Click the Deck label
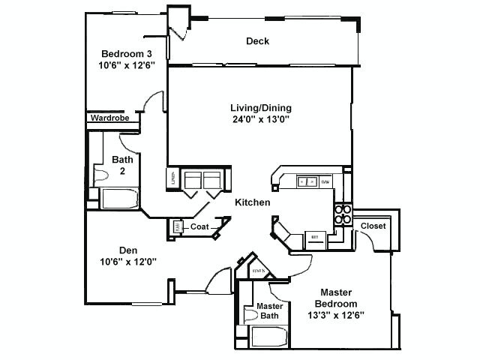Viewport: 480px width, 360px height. (x=257, y=41)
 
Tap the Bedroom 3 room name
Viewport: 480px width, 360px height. (x=127, y=53)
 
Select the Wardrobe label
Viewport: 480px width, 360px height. (x=109, y=118)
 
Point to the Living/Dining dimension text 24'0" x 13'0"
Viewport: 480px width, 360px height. (x=260, y=118)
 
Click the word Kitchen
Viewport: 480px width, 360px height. (x=253, y=202)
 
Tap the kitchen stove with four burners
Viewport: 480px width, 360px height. (x=342, y=214)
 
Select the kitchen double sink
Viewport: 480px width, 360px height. (x=307, y=181)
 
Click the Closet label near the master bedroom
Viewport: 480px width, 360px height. (x=373, y=226)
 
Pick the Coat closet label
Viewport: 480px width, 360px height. (x=199, y=226)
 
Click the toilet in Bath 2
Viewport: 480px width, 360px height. (x=100, y=175)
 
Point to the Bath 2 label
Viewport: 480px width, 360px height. (x=122, y=164)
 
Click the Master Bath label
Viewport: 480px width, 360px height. (x=268, y=310)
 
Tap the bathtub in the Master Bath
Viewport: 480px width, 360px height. (x=270, y=337)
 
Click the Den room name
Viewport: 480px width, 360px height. (x=127, y=250)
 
